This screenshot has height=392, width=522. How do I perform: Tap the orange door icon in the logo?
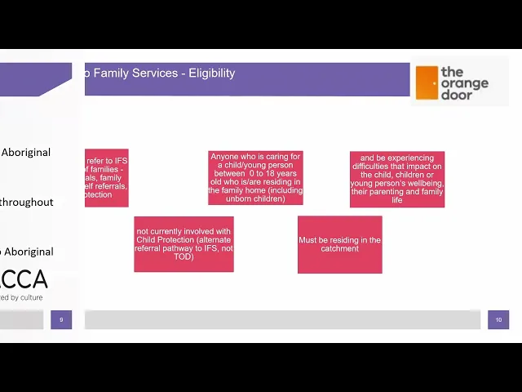click(427, 82)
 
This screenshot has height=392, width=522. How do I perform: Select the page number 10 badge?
click(498, 319)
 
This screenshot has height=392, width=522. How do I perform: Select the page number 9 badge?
click(61, 319)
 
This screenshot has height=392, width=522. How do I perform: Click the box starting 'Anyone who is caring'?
click(255, 177)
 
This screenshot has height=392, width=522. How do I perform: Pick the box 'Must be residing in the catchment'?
click(339, 244)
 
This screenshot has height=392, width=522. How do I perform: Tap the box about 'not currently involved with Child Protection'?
click(184, 243)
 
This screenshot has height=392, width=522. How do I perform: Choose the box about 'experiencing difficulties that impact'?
click(397, 179)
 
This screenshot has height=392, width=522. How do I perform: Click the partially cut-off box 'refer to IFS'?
click(106, 177)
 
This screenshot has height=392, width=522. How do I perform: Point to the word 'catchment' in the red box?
click(339, 249)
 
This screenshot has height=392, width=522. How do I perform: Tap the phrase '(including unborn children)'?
click(255, 194)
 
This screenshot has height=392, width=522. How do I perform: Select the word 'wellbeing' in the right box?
click(421, 183)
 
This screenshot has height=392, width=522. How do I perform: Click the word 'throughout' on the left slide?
click(27, 203)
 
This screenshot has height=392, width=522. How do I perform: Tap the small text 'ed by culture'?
click(22, 298)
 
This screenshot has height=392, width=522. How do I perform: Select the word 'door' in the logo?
click(456, 95)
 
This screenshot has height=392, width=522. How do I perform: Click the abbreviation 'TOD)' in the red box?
click(184, 256)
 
